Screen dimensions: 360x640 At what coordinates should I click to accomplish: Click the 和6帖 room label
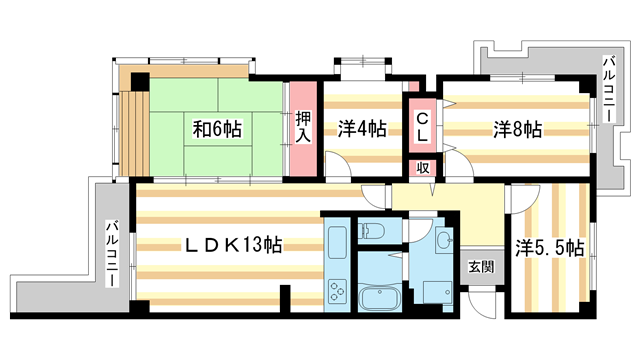click(x=217, y=129)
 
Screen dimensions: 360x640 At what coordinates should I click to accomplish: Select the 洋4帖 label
click(x=361, y=128)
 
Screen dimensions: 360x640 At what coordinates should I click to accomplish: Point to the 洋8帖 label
click(x=517, y=129)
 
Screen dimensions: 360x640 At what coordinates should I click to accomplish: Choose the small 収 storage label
click(x=423, y=168)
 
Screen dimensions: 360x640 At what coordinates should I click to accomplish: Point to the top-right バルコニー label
click(x=607, y=91)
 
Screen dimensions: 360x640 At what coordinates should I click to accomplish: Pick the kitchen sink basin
click(x=335, y=242)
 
